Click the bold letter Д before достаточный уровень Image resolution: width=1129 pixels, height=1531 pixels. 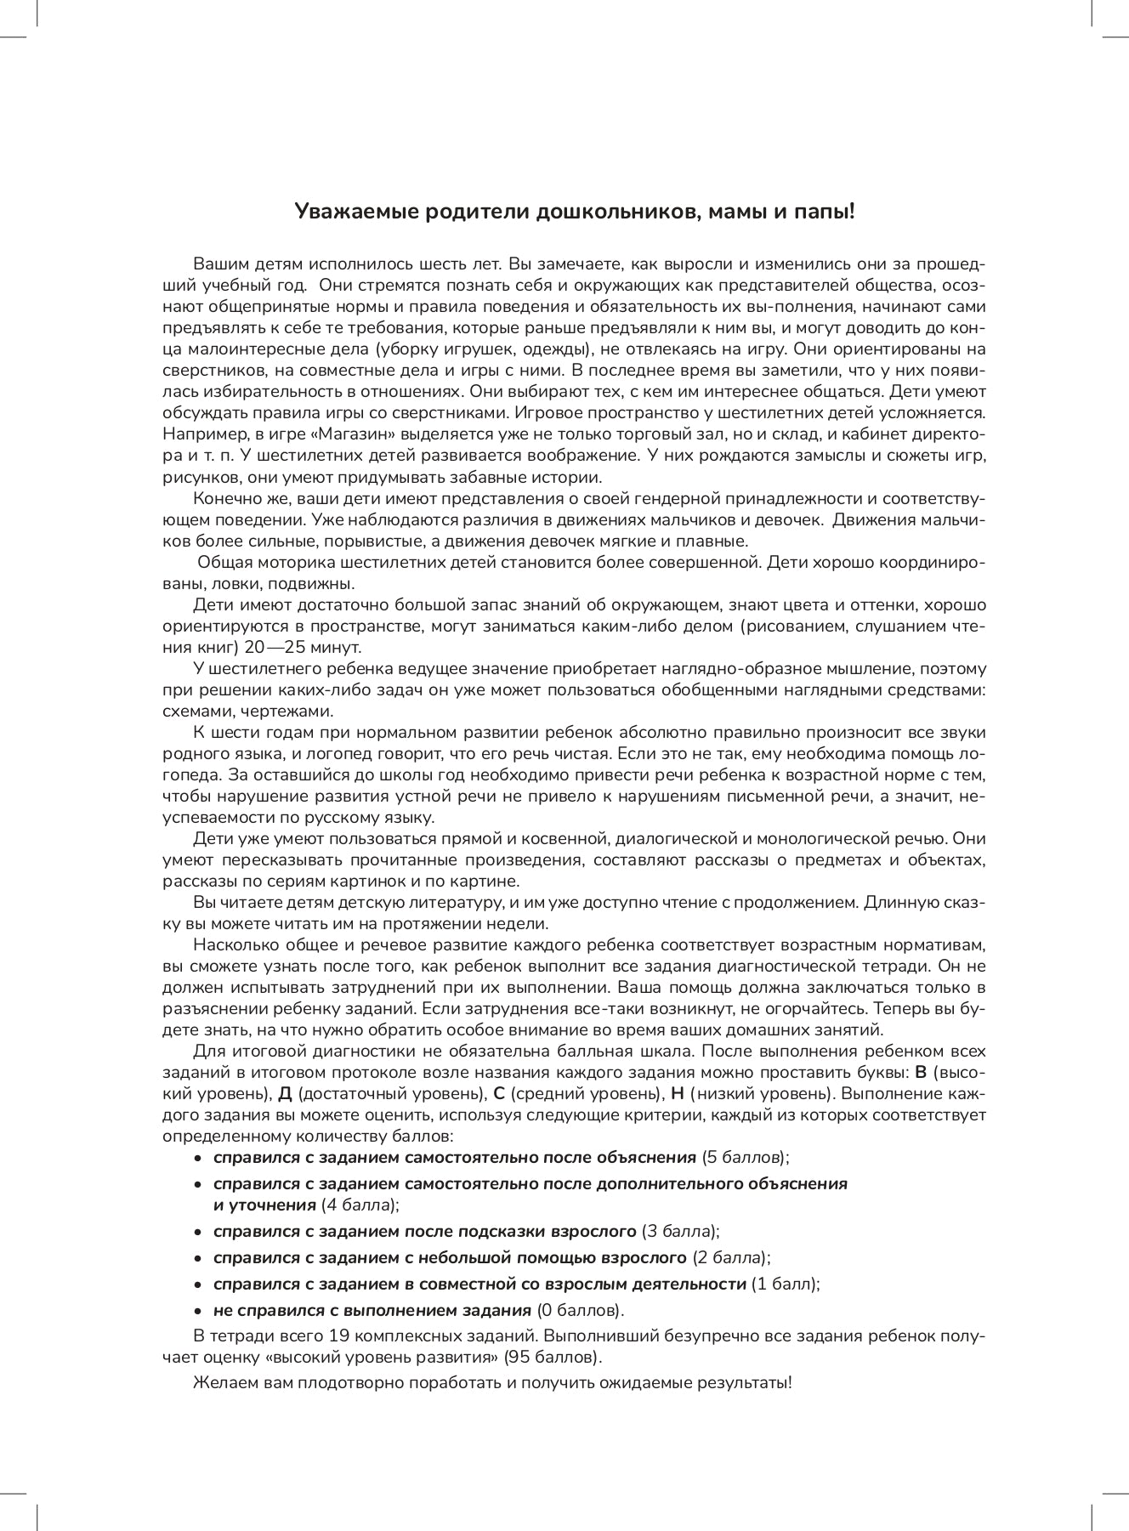(x=285, y=1093)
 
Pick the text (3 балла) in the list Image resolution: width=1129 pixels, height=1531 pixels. (x=681, y=1232)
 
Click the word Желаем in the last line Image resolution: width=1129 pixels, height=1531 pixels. (x=220, y=1382)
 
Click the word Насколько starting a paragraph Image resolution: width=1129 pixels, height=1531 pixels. (x=229, y=944)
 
